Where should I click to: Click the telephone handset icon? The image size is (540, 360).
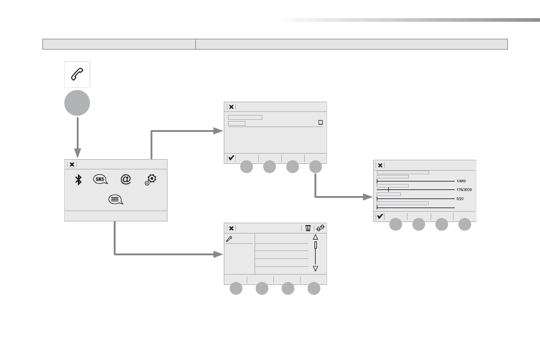click(77, 74)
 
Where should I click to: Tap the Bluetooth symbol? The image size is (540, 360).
click(79, 180)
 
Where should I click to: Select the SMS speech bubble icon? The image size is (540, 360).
click(100, 179)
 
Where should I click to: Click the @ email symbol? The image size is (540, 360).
click(126, 179)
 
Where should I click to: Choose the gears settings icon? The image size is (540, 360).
click(151, 180)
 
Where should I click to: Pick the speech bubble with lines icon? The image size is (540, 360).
click(115, 200)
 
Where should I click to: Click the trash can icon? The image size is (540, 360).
click(308, 228)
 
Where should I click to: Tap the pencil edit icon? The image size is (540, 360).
click(229, 239)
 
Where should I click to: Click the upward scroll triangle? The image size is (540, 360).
click(315, 237)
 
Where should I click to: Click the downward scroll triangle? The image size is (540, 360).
click(315, 269)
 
